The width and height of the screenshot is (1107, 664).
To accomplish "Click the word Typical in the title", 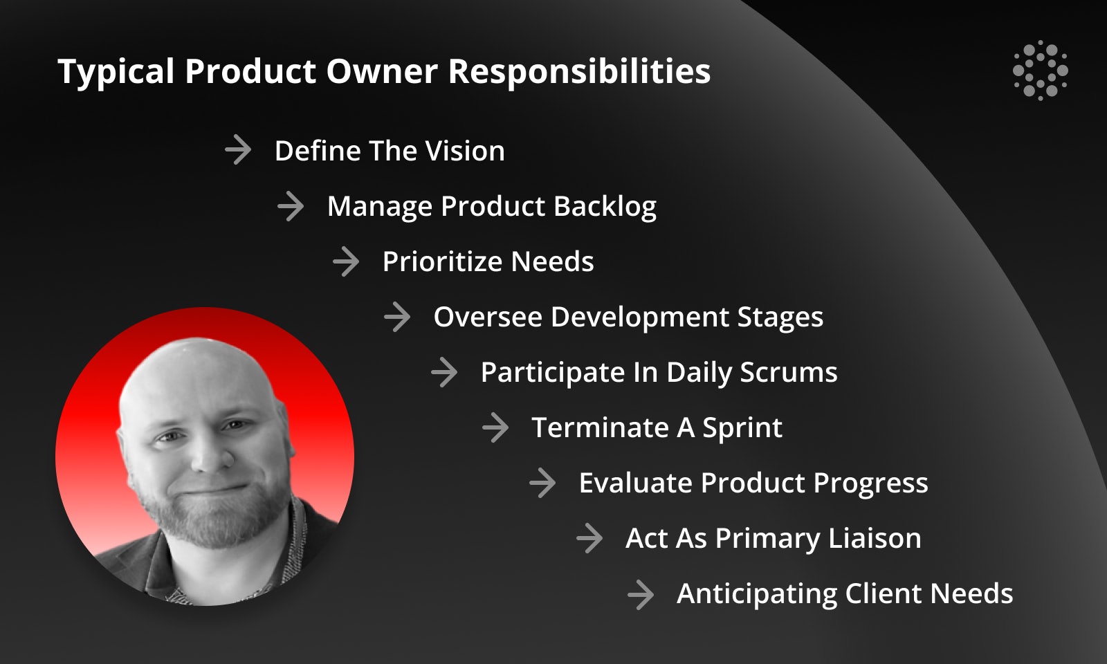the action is point(116,73).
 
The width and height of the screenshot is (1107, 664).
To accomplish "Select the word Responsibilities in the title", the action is point(579,73).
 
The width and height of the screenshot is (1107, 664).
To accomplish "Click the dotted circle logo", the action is point(1041,71).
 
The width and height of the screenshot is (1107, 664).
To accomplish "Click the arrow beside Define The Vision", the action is point(238,149).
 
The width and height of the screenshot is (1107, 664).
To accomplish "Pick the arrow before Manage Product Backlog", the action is point(291,207).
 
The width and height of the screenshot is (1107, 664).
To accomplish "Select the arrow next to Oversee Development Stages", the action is point(397,317).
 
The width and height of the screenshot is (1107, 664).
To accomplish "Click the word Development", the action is point(639,317).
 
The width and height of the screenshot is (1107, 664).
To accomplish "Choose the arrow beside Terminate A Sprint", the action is point(495,428).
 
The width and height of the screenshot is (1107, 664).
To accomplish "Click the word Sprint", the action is point(742,428).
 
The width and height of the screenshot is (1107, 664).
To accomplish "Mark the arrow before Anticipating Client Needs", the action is point(641,594).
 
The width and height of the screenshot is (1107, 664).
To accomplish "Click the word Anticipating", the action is point(757,594).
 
